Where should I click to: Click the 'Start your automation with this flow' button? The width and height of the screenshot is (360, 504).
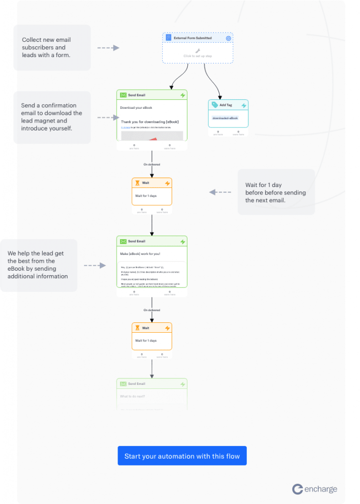coord(182,456)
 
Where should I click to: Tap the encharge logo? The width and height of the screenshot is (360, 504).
coord(315,489)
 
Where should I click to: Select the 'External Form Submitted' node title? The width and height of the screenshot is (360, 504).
coord(193,38)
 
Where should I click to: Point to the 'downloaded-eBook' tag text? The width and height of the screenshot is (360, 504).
coord(225,118)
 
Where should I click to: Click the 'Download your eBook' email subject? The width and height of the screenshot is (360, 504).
coord(136,107)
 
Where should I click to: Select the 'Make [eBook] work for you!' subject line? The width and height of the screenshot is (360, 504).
coord(140,253)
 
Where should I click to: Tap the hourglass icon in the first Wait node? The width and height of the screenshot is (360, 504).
coord(138,183)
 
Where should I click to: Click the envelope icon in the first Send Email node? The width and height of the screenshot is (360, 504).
coord(123,95)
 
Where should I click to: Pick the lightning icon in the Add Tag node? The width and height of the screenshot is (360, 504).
coord(244,105)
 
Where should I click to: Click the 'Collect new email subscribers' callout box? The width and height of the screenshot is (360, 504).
coord(52,48)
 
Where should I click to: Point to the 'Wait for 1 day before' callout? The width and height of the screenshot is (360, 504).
coord(276,192)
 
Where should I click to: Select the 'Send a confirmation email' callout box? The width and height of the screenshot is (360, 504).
coord(52,117)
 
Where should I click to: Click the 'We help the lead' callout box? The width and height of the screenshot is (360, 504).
coord(39,265)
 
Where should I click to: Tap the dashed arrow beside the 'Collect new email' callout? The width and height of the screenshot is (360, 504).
coord(108,48)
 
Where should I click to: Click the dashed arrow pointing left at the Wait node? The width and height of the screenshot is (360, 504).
coord(220,192)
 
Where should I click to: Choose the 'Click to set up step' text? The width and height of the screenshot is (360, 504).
coord(198,56)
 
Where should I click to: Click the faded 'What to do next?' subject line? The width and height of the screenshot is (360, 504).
coord(133,396)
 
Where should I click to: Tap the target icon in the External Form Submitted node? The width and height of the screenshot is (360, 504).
coord(228,38)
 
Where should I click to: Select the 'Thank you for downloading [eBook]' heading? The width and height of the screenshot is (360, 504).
coord(150,122)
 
